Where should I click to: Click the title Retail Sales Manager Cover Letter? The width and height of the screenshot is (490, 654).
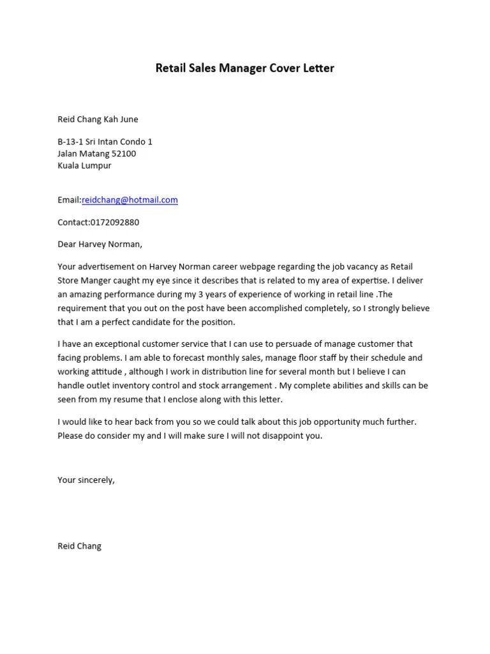[x=245, y=68]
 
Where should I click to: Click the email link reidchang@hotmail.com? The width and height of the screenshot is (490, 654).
[x=130, y=200]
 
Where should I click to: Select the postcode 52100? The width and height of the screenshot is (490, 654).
[x=124, y=154]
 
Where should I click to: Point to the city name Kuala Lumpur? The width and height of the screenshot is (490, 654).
[x=84, y=165]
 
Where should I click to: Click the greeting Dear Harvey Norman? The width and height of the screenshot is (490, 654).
[x=100, y=244]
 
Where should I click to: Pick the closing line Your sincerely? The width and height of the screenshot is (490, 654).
[x=86, y=480]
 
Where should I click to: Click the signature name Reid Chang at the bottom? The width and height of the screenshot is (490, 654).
[x=79, y=547]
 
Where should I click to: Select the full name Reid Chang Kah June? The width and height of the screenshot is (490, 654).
[x=98, y=119]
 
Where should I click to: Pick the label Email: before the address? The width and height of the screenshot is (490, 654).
[x=70, y=200]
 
